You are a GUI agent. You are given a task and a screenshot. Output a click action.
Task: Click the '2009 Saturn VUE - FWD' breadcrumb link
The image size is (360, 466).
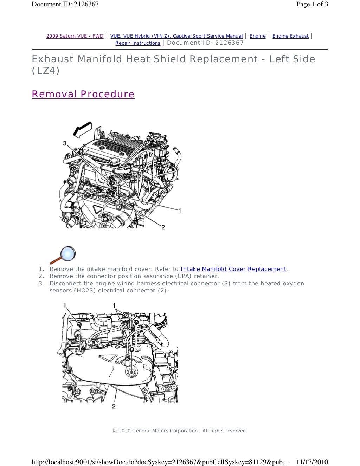75,36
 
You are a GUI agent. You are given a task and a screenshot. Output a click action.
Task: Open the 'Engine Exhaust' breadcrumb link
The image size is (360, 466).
290,36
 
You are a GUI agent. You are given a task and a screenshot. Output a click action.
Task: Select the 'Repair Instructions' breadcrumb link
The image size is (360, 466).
138,43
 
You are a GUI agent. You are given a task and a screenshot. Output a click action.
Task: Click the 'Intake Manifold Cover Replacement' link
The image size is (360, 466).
233,269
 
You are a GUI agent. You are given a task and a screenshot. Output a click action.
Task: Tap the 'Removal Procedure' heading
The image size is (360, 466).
83,94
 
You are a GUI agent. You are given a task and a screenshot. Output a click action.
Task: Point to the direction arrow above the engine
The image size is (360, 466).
82,129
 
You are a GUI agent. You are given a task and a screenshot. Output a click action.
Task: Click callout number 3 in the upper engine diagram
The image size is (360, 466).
65,143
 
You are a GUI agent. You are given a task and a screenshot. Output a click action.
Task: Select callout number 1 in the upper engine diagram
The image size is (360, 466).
180,211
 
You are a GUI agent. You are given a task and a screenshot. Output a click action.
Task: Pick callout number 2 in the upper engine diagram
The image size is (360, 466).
163,227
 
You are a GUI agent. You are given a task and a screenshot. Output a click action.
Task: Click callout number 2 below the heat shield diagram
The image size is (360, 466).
114,406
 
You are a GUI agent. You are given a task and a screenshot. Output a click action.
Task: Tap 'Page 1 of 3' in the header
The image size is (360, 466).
312,4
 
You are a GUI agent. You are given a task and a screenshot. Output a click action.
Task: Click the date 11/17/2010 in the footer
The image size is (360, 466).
312,462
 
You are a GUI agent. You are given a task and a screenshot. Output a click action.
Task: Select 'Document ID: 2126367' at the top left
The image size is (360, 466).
65,4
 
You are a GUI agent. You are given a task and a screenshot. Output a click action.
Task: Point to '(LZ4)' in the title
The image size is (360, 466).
46,71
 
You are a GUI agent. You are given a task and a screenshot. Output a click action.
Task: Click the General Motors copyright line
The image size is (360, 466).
180,431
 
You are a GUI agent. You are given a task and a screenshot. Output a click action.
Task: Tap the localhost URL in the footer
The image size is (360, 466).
159,462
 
